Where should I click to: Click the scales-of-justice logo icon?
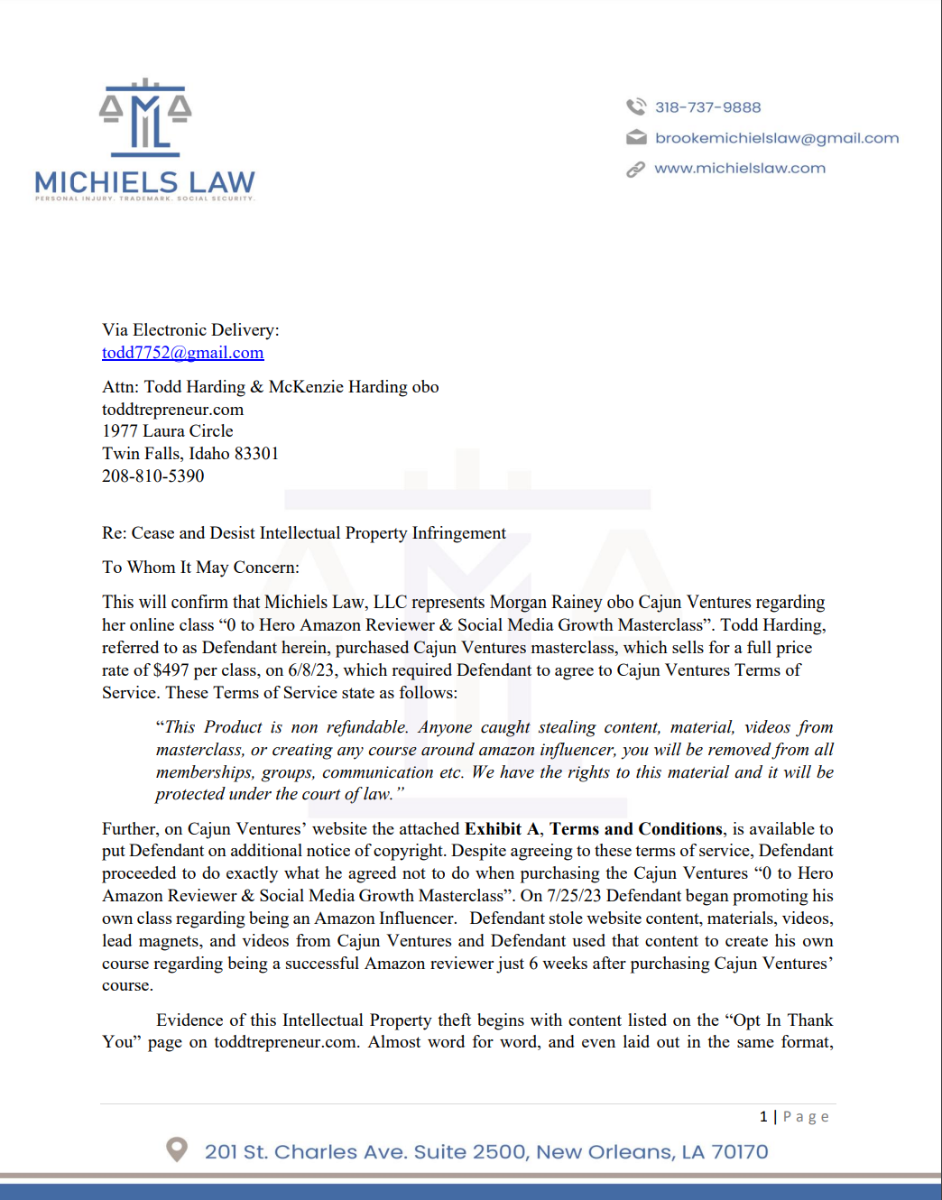145,117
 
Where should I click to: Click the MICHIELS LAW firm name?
144,182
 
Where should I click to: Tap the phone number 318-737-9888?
707,107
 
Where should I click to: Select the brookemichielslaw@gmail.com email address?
776,138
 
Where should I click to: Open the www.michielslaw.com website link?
739,169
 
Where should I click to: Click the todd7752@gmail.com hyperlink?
183,353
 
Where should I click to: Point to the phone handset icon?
636,107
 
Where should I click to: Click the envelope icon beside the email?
636,138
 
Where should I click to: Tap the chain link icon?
636,169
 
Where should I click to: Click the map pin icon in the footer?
177,1149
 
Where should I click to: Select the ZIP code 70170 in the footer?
740,1152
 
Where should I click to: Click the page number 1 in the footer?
763,1117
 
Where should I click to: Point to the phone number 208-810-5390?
153,475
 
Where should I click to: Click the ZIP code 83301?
256,453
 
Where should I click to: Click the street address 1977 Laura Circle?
168,431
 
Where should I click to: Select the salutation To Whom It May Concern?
200,568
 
